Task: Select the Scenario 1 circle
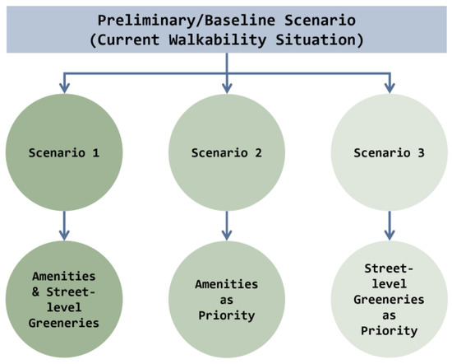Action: pos(64,152)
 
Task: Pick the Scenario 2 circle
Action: pos(226,152)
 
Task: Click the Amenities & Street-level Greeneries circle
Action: pos(64,299)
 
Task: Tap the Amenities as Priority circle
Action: pos(226,299)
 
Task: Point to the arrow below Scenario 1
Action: pos(64,224)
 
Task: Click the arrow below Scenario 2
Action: pos(226,224)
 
